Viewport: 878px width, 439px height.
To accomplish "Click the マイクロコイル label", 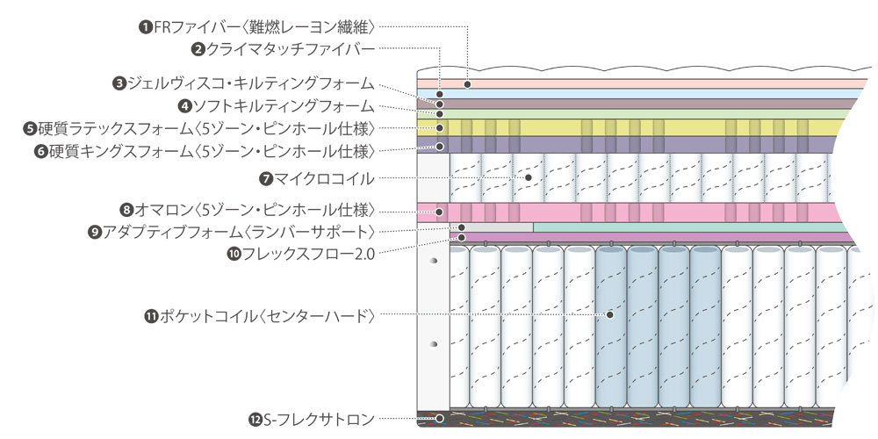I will point(324,178).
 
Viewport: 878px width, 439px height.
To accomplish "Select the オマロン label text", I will point(255,210).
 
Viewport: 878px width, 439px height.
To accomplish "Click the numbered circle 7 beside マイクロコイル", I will point(266,178).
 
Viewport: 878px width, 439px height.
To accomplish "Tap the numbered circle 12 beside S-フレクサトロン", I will point(255,420).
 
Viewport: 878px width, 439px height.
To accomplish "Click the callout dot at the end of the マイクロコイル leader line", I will point(529,177).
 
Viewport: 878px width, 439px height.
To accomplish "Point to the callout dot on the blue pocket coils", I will point(609,313).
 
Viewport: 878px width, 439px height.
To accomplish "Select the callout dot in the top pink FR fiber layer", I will point(468,84).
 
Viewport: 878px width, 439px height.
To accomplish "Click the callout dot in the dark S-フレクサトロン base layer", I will point(440,419).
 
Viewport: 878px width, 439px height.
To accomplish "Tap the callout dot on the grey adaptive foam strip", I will point(461,227).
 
